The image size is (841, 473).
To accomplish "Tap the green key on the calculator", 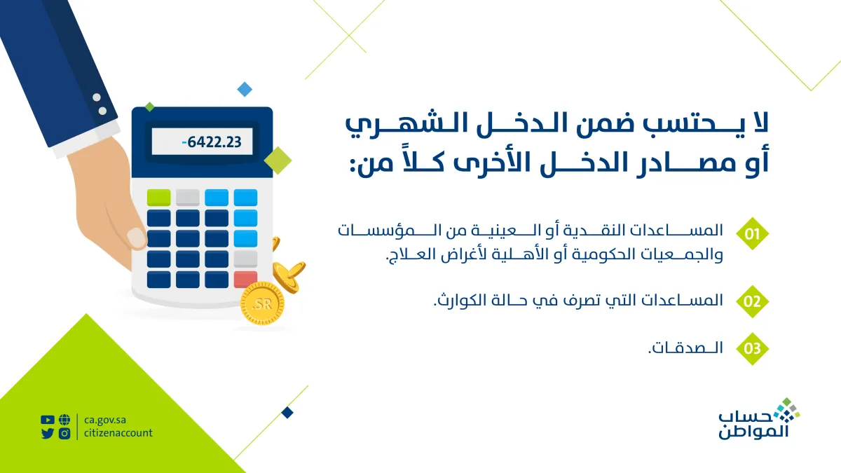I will pos(158,197).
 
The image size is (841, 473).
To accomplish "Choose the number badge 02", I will pos(752,302).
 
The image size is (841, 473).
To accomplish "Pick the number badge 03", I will pos(752,348).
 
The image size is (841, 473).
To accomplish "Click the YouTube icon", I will pos(48,420).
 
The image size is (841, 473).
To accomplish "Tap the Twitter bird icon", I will pos(48,433).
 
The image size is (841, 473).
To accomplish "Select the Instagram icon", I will pos(64,433).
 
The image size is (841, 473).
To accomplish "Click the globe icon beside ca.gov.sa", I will pos(64,420).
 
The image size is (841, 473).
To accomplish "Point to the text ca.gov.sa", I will pos(105,420).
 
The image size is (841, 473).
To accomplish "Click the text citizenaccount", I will pos(118,433).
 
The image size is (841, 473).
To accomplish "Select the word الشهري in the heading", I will pos(383,126).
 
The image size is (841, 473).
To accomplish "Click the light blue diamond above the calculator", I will pos(244,89).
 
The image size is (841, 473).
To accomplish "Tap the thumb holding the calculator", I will pos(136,235).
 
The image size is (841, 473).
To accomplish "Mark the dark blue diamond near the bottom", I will pos(287,413).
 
